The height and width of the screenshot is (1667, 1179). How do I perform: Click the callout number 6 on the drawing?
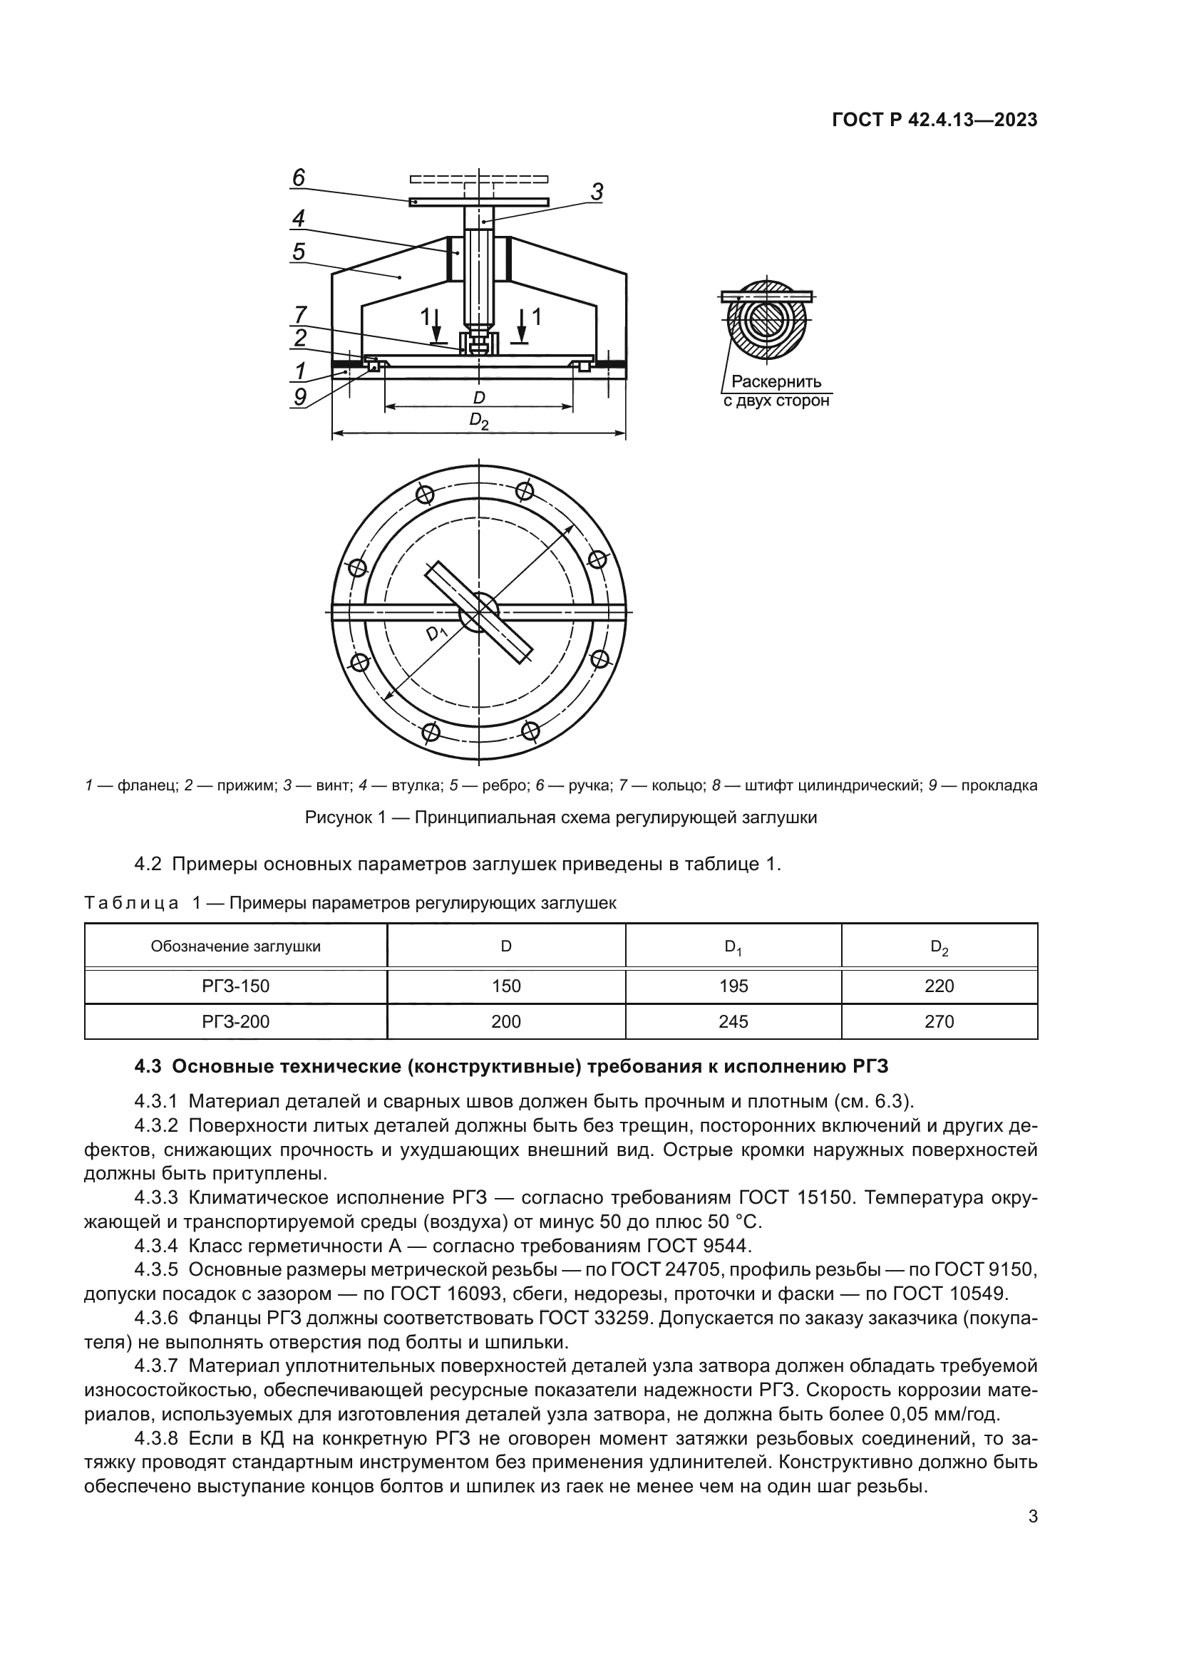299,178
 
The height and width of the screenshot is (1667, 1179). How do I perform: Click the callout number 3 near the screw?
596,192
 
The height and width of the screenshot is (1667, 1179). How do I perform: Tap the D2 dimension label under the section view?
478,420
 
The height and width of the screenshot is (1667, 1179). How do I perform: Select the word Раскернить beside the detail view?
776,382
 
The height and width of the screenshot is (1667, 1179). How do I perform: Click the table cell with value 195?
733,986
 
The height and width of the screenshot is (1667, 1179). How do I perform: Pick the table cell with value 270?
939,1021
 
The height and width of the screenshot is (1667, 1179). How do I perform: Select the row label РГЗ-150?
235,986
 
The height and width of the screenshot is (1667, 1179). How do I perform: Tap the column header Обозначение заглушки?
235,946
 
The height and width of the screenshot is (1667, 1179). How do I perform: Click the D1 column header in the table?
733,946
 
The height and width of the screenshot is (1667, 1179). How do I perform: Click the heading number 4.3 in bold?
149,1067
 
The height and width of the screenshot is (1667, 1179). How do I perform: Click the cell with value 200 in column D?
506,1021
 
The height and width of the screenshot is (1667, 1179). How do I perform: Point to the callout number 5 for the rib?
299,252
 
